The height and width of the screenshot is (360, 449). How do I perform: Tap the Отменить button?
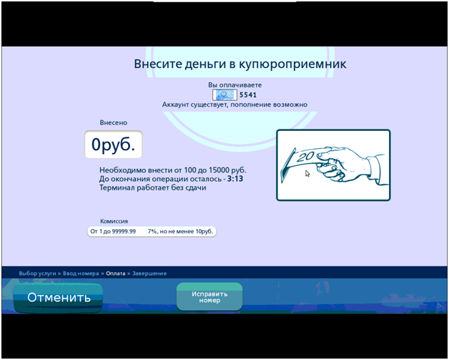[x=58, y=298]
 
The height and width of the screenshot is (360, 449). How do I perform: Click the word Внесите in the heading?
[x=157, y=64]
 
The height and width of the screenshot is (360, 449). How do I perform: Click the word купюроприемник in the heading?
[x=292, y=64]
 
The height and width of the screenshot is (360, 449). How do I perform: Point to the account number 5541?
[x=248, y=95]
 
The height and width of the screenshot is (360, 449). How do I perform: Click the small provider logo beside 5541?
[x=224, y=95]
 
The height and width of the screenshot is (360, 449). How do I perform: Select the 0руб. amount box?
[x=114, y=145]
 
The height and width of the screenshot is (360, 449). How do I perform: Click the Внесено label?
[x=114, y=122]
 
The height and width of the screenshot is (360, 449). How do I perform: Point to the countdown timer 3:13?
[x=235, y=179]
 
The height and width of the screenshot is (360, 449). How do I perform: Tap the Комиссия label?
[x=114, y=221]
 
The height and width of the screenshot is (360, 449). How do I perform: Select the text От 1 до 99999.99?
[x=113, y=231]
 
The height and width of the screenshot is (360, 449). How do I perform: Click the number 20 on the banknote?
[x=306, y=157]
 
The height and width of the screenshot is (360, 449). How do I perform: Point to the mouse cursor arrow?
[x=307, y=173]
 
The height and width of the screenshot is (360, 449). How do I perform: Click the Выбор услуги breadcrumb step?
[x=37, y=273]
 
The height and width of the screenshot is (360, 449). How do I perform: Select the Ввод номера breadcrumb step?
[x=81, y=273]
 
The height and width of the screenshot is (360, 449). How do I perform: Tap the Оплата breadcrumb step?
[x=116, y=273]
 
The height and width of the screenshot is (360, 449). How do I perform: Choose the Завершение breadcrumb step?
[x=149, y=273]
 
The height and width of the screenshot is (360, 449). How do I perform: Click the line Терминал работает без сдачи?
[x=152, y=188]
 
